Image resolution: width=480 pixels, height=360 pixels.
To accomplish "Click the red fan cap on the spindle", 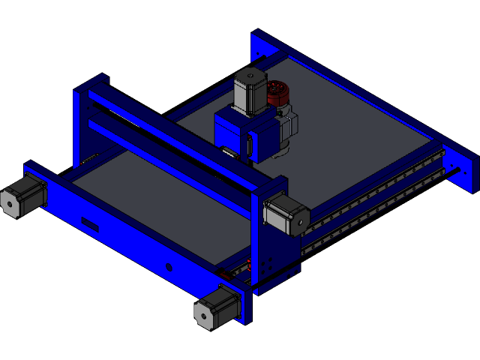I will click(x=279, y=94).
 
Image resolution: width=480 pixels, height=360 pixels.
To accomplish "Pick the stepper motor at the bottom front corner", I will click(x=217, y=306).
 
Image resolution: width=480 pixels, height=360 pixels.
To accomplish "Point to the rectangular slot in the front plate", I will click(x=90, y=223).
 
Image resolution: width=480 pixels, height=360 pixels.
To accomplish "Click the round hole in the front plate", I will click(x=169, y=267).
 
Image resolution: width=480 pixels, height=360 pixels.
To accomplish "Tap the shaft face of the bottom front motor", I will click(x=202, y=313).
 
